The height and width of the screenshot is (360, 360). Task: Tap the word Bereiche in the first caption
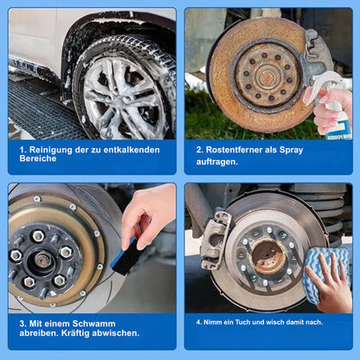38,158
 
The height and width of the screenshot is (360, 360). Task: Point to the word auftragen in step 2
216,162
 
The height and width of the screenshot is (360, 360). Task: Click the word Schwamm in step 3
93,324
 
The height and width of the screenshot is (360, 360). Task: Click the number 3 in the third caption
22,324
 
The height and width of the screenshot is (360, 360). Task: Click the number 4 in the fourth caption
198,322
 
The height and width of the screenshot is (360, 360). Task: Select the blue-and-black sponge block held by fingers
127,256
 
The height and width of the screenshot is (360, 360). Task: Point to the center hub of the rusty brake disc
267,76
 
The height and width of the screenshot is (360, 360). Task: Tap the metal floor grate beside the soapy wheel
41,110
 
